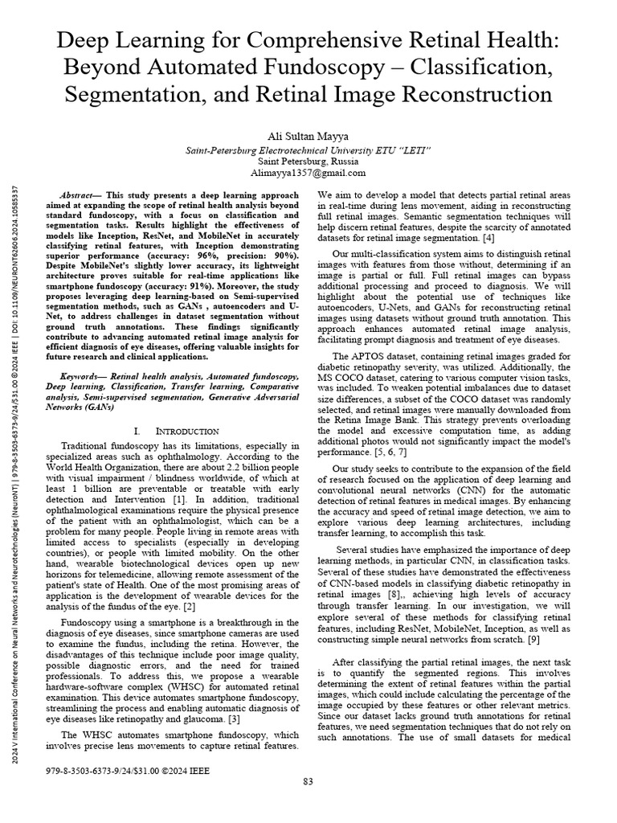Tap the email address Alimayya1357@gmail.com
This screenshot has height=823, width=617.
click(x=308, y=172)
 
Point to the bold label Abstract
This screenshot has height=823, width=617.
click(x=77, y=195)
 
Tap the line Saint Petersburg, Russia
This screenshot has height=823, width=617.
click(x=308, y=160)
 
